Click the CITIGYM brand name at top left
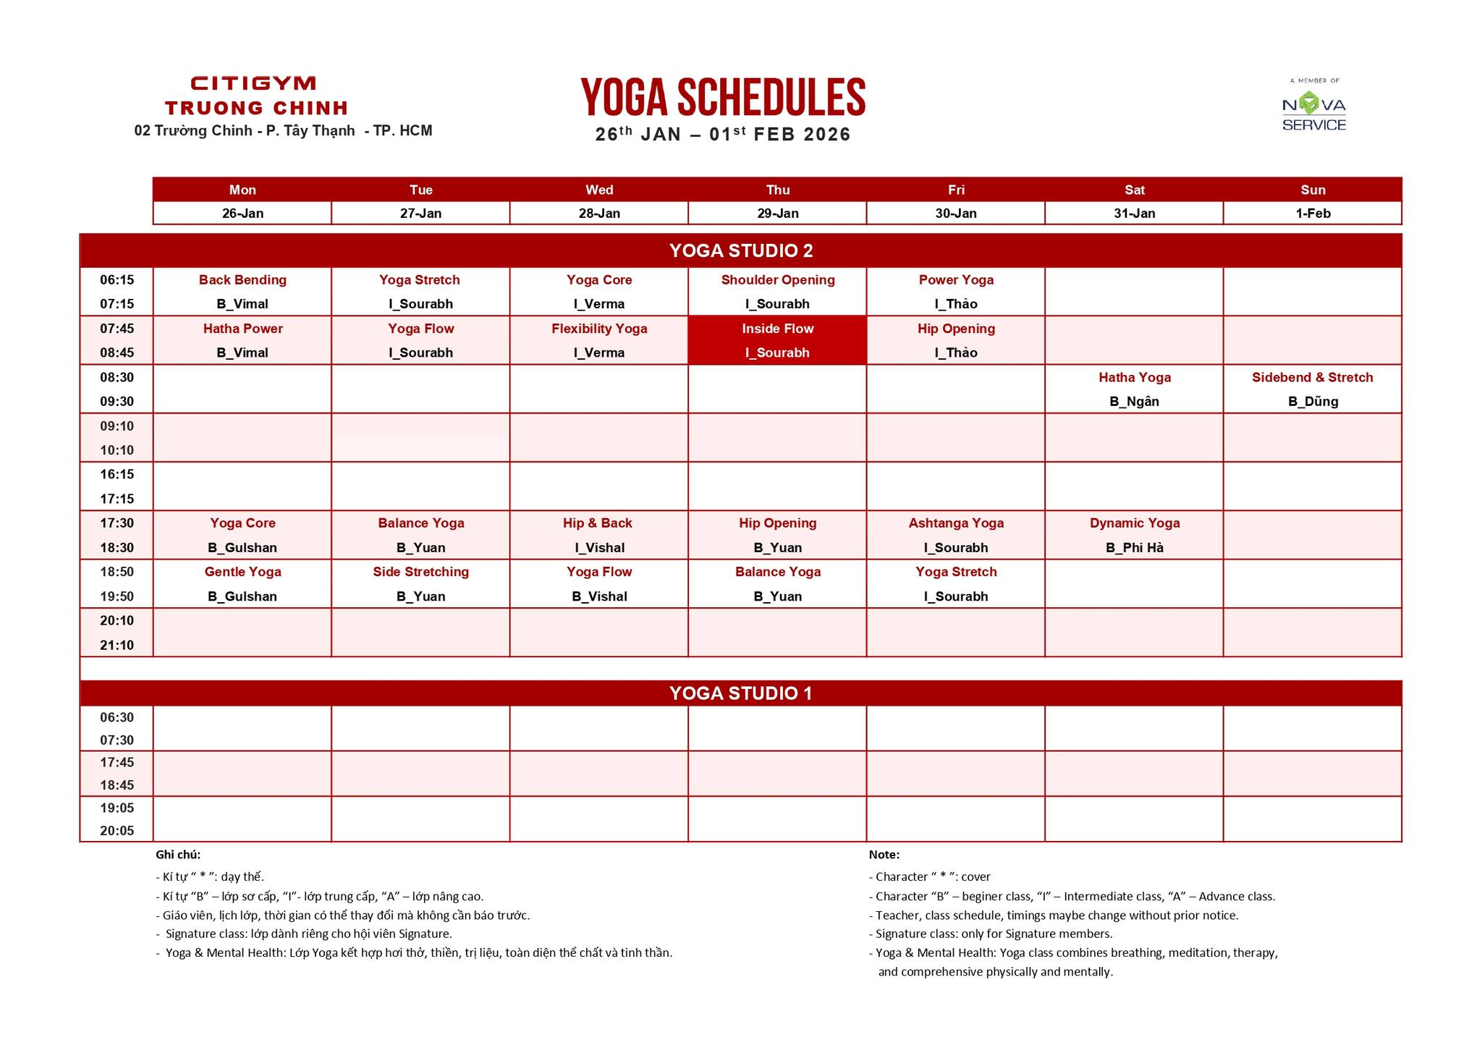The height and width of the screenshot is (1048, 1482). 253,83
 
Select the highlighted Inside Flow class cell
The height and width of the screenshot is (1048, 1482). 777,339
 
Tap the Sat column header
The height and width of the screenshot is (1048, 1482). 1134,190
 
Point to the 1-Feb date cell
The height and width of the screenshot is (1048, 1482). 1313,214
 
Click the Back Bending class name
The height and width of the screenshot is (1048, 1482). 242,280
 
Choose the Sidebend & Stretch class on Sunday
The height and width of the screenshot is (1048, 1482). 1312,377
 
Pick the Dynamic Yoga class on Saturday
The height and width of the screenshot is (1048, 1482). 1134,523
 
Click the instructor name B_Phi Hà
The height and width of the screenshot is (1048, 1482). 1134,548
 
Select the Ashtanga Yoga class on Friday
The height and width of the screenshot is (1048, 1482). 956,523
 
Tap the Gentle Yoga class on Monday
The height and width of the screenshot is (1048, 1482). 242,572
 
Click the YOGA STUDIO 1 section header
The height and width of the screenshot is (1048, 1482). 740,693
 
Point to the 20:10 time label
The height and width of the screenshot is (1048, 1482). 117,620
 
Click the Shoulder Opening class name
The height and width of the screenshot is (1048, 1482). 777,280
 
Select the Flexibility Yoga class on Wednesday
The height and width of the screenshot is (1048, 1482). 599,329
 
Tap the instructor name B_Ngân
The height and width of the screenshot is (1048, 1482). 1134,402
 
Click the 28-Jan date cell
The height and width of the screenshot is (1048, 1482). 599,214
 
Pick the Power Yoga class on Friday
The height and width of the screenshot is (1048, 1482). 956,280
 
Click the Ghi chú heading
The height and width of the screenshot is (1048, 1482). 178,855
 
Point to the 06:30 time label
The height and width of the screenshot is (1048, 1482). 117,717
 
